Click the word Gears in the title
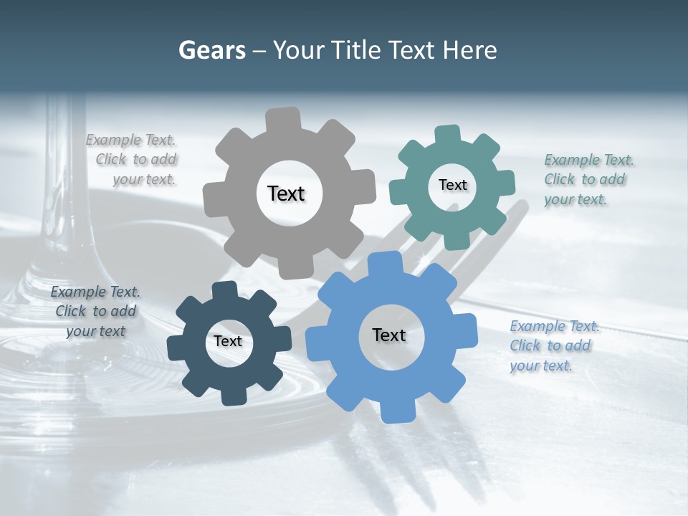212,50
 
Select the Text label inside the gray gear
286,193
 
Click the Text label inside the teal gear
452,185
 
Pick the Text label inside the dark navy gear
228,341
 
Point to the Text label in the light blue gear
389,335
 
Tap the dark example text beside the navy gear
95,311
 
